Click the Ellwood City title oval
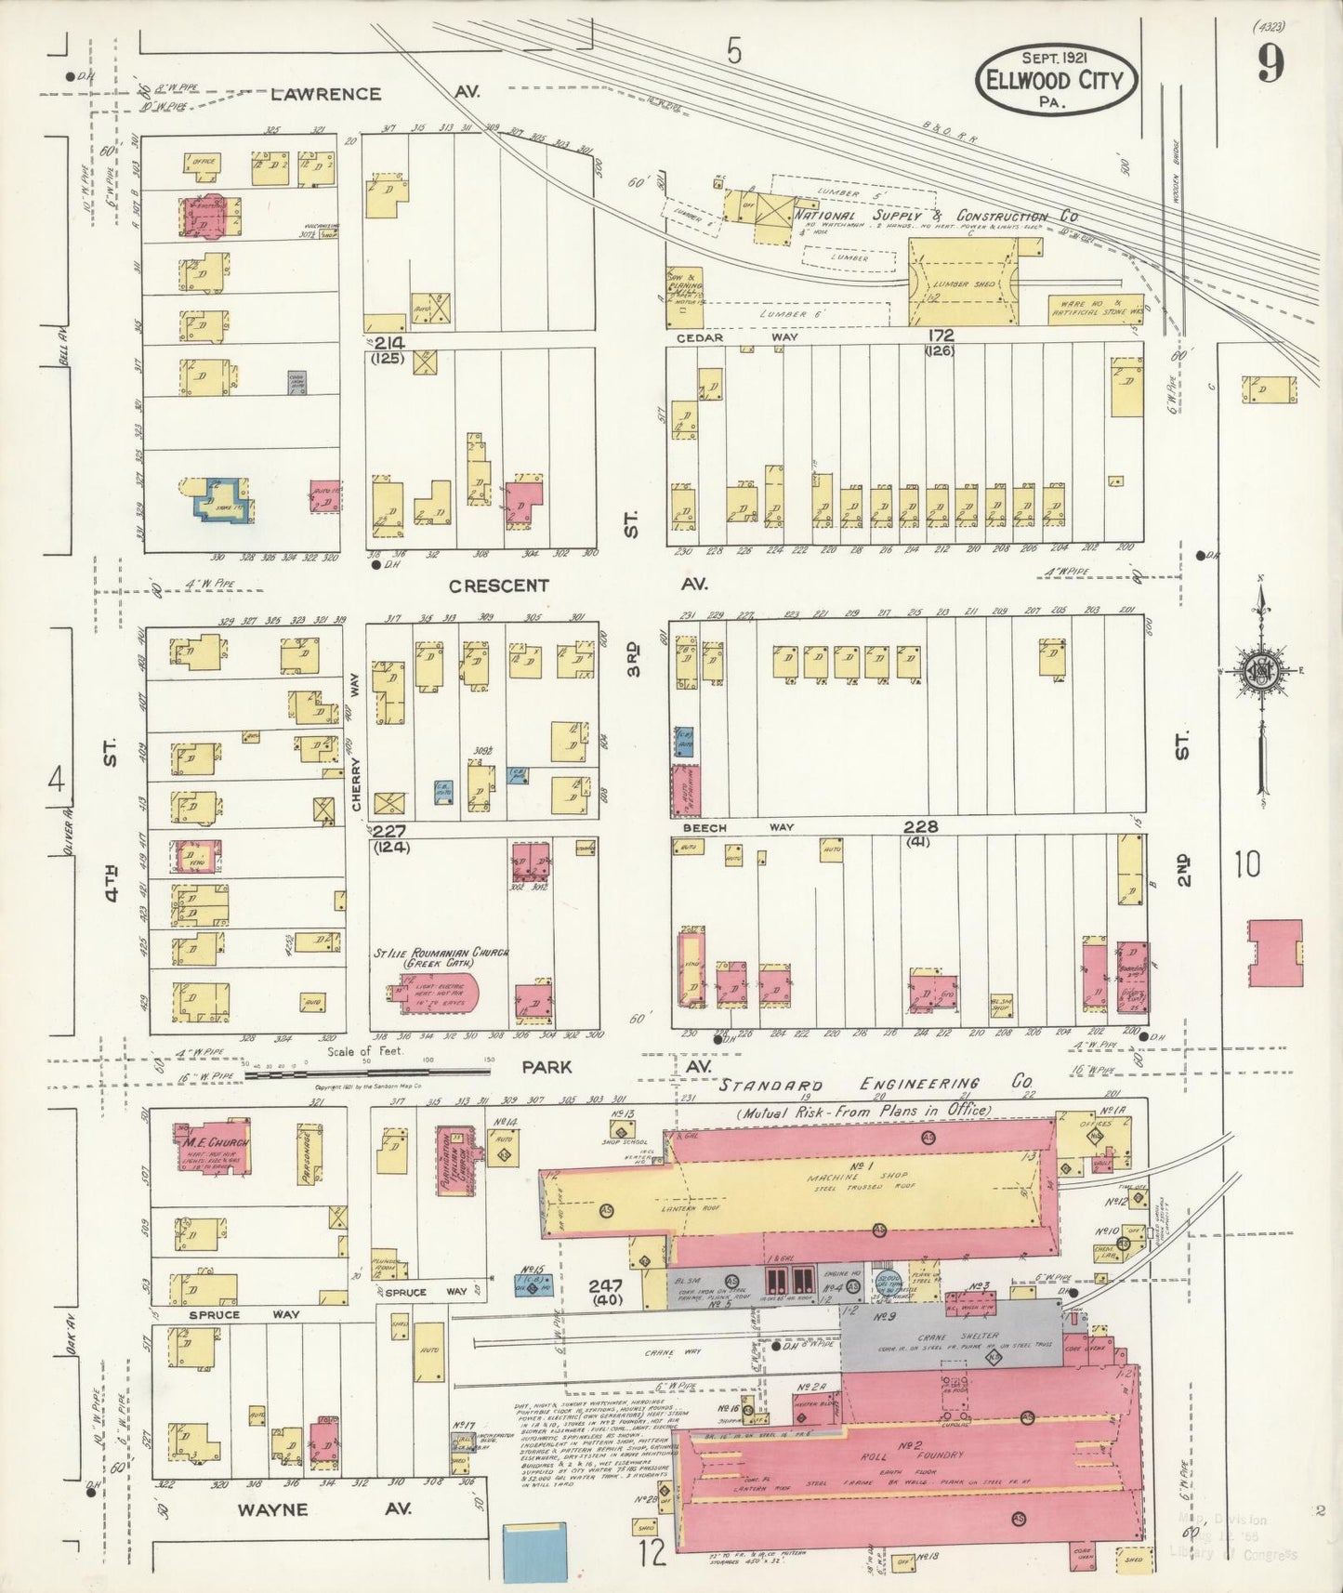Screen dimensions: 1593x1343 point(1056,79)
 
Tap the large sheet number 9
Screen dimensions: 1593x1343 point(1271,63)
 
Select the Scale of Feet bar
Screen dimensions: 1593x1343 point(362,1073)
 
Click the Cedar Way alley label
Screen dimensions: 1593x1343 point(734,337)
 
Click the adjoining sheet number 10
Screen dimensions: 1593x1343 point(1247,864)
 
